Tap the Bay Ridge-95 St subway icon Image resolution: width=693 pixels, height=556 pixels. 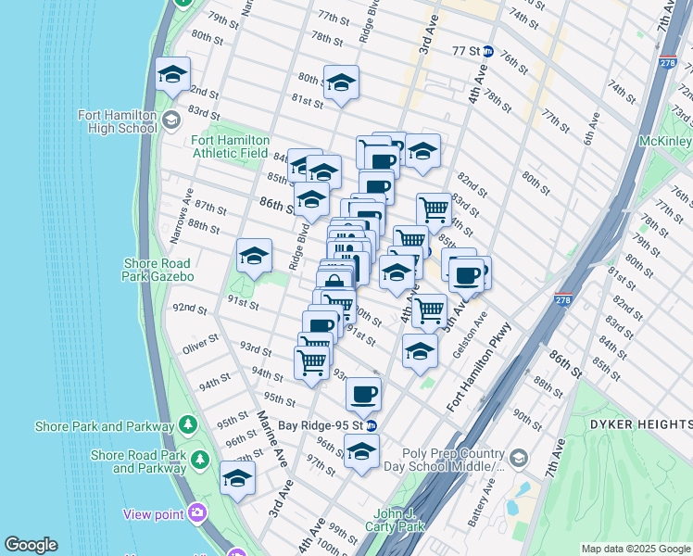click(371, 426)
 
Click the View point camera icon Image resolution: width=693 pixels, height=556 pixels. click(196, 512)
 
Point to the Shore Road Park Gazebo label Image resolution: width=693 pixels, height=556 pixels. click(158, 269)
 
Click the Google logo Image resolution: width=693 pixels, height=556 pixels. click(31, 545)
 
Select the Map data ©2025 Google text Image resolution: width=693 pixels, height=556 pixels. click(636, 549)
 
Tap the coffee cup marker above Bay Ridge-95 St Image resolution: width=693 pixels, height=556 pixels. click(363, 395)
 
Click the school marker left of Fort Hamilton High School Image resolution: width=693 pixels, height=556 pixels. click(173, 76)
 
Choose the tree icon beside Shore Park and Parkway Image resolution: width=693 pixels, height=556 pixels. click(188, 425)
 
